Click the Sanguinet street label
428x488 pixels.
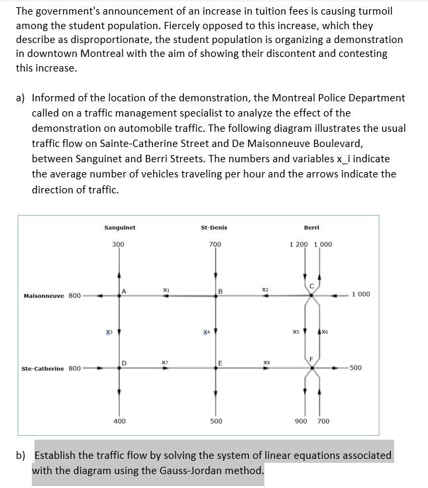click(x=119, y=228)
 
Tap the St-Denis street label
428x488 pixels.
click(x=213, y=228)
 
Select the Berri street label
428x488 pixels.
click(x=311, y=228)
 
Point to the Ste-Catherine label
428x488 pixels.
click(x=43, y=368)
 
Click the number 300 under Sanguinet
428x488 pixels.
click(x=118, y=244)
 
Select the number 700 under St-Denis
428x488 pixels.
click(x=215, y=244)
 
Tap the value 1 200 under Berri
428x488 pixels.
click(x=299, y=244)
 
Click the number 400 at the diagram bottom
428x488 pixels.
click(x=119, y=420)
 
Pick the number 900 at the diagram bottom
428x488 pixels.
click(x=300, y=420)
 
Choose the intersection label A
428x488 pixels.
click(x=124, y=289)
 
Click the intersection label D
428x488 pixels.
click(x=124, y=362)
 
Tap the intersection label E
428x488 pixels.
click(x=220, y=362)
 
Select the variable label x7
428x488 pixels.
click(x=164, y=362)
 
